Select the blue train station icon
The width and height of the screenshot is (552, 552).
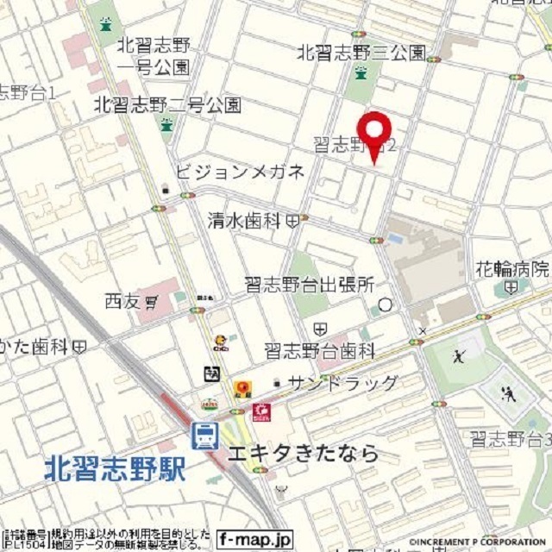pos(204,436)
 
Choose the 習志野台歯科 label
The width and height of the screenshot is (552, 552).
pos(320,351)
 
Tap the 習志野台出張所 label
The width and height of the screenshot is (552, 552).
pos(309,283)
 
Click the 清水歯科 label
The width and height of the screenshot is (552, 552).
pos(244,222)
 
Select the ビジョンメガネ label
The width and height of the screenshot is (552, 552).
pos(240,172)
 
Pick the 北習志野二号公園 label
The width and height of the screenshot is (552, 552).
pos(167,105)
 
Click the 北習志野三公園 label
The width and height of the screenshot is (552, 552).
pos(361,53)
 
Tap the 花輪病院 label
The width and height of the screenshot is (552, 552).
pos(512,267)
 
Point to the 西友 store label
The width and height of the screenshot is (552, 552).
pos(122,302)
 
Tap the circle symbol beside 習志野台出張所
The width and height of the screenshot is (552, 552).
pos(385,304)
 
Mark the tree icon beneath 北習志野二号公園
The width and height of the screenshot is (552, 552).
pos(166,125)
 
